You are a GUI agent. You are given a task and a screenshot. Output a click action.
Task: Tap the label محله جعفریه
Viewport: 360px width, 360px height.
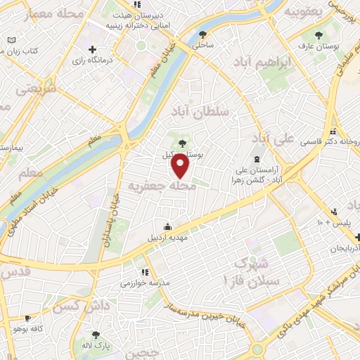[x=160, y=186]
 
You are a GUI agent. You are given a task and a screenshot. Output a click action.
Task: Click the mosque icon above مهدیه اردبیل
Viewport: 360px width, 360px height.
[x=167, y=226]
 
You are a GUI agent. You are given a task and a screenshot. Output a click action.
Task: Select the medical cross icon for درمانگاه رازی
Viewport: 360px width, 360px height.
[x=91, y=49]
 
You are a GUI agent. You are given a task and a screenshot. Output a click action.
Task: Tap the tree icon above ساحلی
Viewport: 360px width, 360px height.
[x=204, y=34]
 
